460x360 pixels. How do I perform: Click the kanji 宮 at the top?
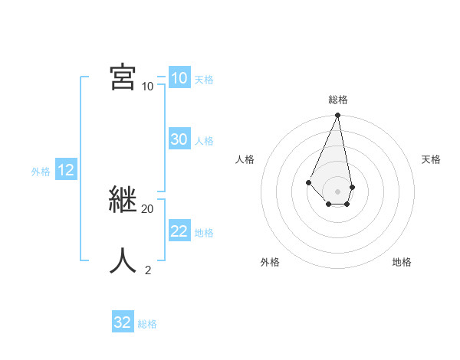pos(123,77)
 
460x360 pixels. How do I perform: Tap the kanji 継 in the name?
pos(123,199)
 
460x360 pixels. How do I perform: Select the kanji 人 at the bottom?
pos(123,260)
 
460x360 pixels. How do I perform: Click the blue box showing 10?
pos(179,78)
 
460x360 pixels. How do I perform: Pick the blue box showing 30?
pos(179,139)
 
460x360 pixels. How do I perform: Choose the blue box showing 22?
pos(179,231)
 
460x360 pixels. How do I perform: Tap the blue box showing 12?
pos(66,170)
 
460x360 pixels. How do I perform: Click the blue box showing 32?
pos(123,322)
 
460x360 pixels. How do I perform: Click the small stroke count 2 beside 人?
pos(147,270)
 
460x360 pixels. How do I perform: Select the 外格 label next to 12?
pos(41,172)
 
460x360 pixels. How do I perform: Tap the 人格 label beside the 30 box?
pos(204,141)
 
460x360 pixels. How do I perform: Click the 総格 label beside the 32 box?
pos(147,324)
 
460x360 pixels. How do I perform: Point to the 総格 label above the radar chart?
pos(338,100)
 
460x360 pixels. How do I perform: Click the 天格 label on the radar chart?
pos(432,159)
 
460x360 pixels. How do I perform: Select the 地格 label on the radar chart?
pos(402,262)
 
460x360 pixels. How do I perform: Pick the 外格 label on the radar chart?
pos(270,262)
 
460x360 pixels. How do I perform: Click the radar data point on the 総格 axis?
pos(338,116)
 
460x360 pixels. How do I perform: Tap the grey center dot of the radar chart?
pos(338,191)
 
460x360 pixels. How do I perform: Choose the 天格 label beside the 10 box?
pos(204,80)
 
